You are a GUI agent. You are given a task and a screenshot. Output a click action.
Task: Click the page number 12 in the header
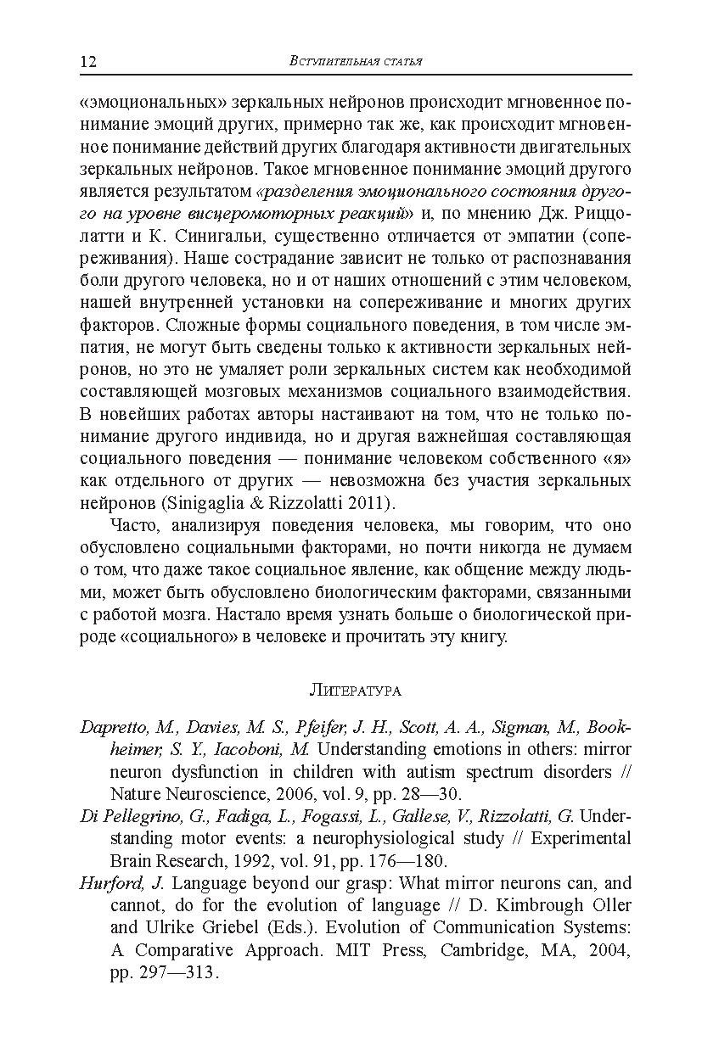pyautogui.click(x=88, y=62)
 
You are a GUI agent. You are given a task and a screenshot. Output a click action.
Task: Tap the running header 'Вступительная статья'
pyautogui.click(x=356, y=61)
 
